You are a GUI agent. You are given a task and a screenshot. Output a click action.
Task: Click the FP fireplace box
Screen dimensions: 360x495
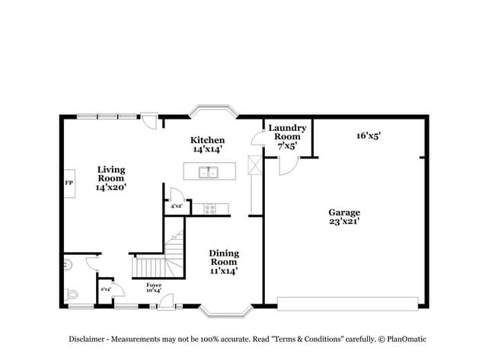(69, 183)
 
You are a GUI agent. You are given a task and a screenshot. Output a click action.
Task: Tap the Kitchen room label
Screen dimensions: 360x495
(207, 140)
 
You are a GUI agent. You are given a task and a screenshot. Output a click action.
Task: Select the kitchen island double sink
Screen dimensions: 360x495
(208, 172)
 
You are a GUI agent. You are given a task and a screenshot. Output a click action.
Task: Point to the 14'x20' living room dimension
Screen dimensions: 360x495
(110, 186)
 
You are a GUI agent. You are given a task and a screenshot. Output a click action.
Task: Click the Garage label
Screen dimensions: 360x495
(344, 212)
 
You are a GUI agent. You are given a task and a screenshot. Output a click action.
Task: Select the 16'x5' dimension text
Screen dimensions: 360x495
(369, 135)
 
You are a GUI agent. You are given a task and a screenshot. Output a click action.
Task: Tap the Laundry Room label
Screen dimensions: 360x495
(288, 132)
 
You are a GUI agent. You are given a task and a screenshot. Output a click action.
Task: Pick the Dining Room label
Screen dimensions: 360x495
(225, 257)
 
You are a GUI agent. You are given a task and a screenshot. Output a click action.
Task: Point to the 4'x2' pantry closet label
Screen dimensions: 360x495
(176, 206)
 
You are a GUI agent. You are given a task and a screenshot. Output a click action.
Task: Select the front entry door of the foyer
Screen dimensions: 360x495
(164, 302)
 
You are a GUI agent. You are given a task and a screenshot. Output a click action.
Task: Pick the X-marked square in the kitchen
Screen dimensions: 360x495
(255, 164)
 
